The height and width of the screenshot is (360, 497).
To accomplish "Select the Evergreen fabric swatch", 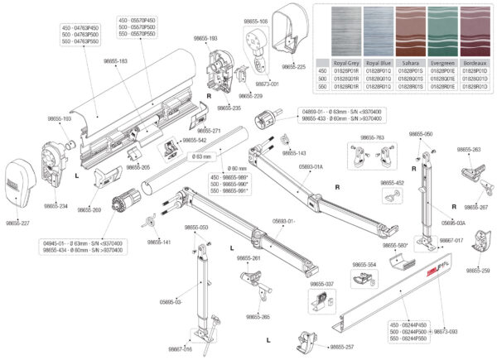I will (432, 32).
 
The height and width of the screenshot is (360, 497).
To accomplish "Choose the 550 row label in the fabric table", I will (324, 85).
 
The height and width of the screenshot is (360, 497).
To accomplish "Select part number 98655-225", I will (295, 65).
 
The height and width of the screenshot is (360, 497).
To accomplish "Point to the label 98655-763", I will (373, 137).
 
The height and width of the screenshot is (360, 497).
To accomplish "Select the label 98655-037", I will (323, 284).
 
